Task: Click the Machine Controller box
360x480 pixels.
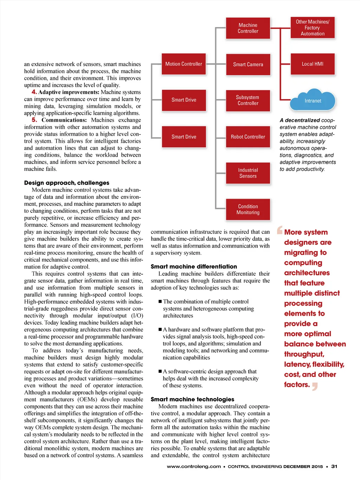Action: [x=248, y=28]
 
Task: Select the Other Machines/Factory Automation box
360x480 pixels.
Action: [x=313, y=28]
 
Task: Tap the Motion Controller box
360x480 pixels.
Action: [x=184, y=64]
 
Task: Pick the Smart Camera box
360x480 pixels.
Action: [x=248, y=64]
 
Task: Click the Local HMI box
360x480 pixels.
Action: [x=313, y=64]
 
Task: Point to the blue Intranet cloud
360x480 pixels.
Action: [x=313, y=101]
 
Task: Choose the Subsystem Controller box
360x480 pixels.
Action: [x=248, y=100]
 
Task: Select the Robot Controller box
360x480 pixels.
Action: [x=248, y=137]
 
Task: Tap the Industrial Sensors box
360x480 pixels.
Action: [x=248, y=173]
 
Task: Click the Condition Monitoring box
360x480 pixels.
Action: [x=248, y=209]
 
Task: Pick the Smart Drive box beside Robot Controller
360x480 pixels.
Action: [x=184, y=137]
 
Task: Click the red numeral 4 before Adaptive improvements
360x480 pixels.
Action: [x=34, y=92]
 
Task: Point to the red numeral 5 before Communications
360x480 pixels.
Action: [x=34, y=120]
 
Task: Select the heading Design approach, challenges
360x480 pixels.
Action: [x=66, y=183]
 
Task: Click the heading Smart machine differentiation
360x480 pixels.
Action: [x=194, y=267]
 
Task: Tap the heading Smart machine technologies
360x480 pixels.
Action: [x=192, y=399]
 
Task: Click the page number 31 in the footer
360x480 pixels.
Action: [x=334, y=467]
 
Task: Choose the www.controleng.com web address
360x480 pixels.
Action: [x=194, y=467]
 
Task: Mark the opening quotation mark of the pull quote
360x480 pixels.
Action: [x=280, y=230]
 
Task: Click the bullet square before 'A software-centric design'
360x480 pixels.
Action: [x=160, y=371]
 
